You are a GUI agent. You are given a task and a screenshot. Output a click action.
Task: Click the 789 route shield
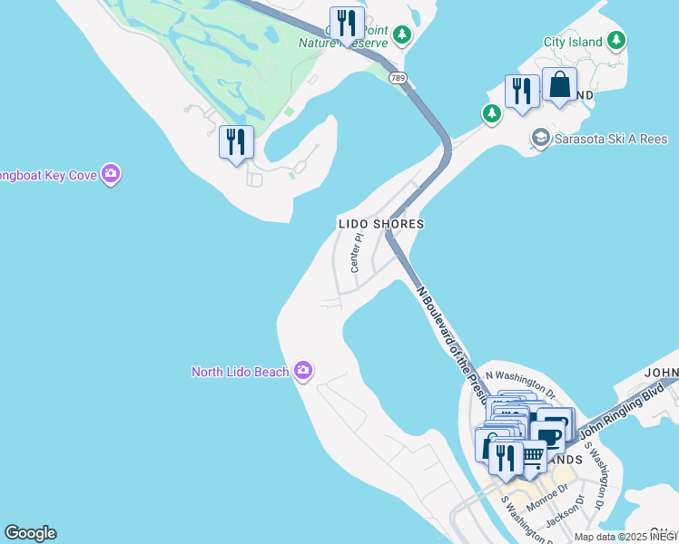pyautogui.click(x=398, y=78)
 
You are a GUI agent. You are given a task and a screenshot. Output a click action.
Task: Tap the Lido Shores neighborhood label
pyautogui.click(x=381, y=223)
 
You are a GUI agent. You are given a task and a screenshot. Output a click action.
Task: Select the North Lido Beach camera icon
pyautogui.click(x=303, y=371)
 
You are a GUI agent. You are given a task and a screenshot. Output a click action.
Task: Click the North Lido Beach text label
pyautogui.click(x=240, y=372)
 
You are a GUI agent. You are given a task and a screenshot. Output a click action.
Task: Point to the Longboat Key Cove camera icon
pyautogui.click(x=111, y=173)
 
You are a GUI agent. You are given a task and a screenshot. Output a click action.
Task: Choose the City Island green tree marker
pyautogui.click(x=617, y=41)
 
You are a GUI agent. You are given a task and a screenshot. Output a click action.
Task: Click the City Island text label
pyautogui.click(x=574, y=42)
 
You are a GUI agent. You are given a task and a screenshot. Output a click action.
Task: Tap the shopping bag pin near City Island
pyautogui.click(x=559, y=85)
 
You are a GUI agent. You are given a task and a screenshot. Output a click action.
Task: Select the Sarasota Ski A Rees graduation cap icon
pyautogui.click(x=541, y=138)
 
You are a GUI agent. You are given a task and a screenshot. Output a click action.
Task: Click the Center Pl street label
pyautogui.click(x=357, y=253)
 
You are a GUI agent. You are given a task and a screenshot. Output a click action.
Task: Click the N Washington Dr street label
pyautogui.click(x=519, y=384)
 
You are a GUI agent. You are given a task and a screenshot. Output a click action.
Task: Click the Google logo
pyautogui.click(x=30, y=533)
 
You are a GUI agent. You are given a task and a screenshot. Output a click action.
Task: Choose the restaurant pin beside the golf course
pyautogui.click(x=236, y=142)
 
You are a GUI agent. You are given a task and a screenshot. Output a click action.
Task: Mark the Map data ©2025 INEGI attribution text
pyautogui.click(x=625, y=537)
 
